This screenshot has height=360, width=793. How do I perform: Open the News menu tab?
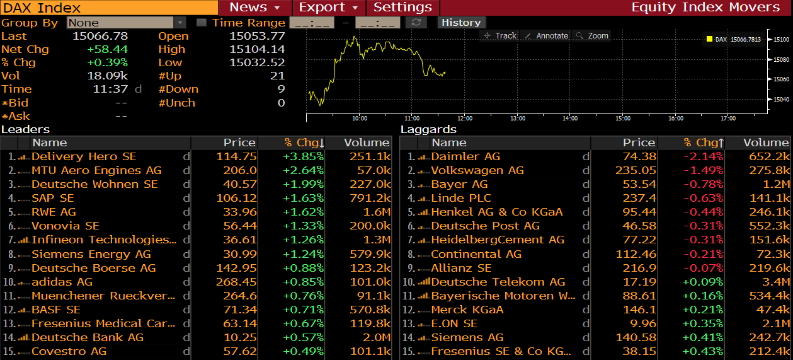click(x=254, y=8)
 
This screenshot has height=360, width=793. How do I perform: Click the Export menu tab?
click(x=328, y=8)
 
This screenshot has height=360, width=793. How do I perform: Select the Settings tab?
click(x=402, y=8)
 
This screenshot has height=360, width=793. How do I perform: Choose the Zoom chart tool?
click(x=592, y=36)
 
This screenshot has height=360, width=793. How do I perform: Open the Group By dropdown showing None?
click(x=128, y=23)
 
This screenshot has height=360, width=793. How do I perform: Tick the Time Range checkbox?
click(x=202, y=23)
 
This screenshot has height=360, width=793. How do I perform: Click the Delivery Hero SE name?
click(x=84, y=156)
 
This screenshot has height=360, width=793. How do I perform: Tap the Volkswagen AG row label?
click(x=477, y=170)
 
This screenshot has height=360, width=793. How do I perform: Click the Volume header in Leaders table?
click(x=367, y=143)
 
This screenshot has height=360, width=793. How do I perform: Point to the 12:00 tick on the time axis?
click(x=464, y=119)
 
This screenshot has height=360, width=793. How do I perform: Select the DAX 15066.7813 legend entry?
click(x=738, y=39)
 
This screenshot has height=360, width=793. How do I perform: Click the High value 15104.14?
click(x=257, y=49)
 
